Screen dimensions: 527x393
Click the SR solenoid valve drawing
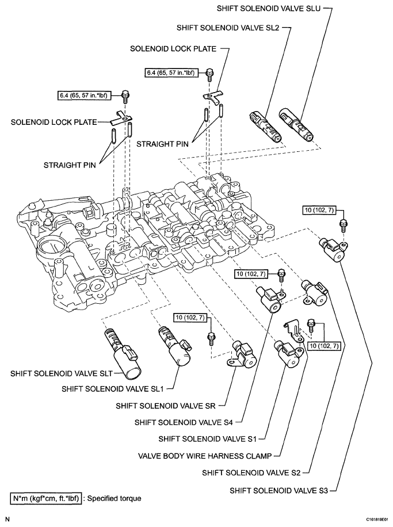coord(245,354)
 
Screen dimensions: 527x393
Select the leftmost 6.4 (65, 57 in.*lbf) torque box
coord(87,93)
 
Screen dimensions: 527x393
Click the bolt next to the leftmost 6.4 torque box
coord(125,96)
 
